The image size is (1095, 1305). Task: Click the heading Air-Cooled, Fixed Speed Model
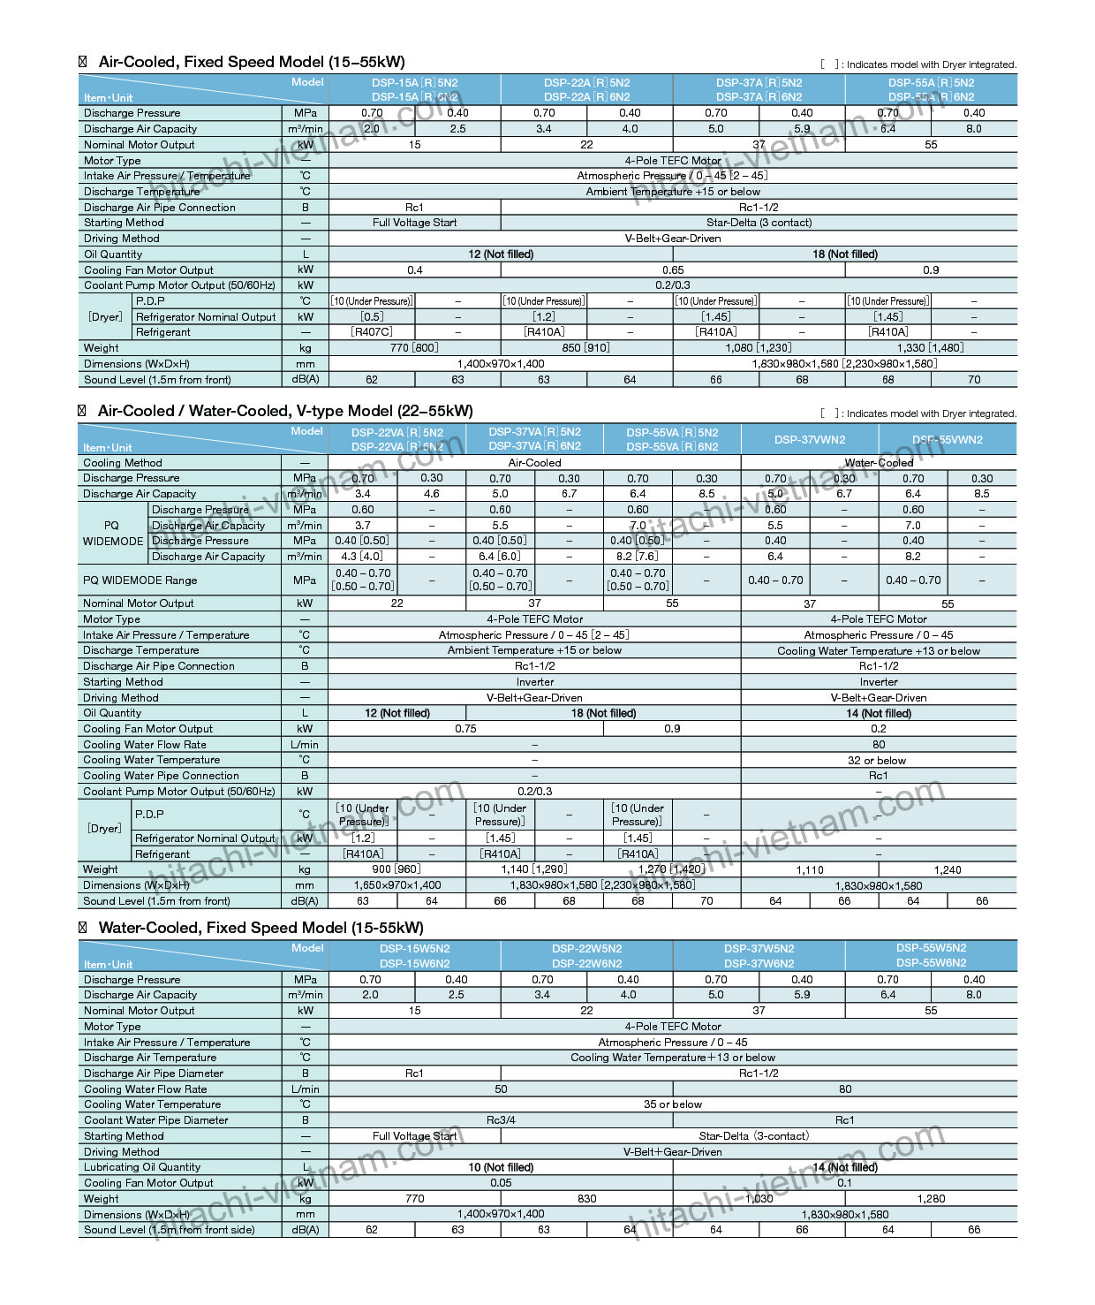point(251,62)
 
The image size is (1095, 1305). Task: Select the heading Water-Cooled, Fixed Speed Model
point(261,928)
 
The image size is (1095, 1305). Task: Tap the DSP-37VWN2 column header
point(810,440)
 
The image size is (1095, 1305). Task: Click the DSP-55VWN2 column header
point(948,440)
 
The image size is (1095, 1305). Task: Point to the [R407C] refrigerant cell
point(372,332)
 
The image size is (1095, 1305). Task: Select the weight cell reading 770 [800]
point(414,348)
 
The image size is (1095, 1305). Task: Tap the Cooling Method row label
point(123,463)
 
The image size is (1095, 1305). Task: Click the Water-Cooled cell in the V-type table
point(879,463)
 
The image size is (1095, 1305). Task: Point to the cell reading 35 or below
point(673,1104)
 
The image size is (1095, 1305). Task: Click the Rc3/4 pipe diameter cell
point(501,1120)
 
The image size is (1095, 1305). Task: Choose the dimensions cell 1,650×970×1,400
point(397,885)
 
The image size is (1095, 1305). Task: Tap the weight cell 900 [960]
point(396,869)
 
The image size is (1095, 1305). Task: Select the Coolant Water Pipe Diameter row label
point(155,1120)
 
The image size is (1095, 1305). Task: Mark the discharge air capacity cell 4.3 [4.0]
point(362,557)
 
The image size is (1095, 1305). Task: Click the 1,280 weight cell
point(931,1199)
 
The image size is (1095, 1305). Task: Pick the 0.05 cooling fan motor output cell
point(501,1183)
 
